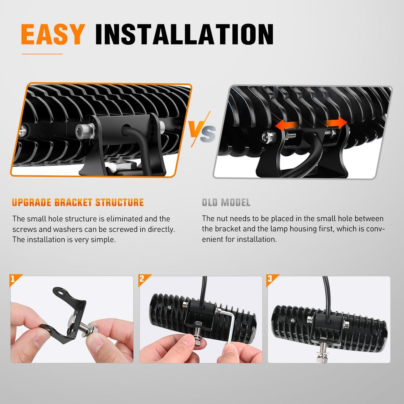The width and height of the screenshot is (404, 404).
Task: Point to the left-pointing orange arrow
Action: tap(286, 126)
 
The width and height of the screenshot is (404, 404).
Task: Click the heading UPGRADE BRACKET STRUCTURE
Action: tap(78, 202)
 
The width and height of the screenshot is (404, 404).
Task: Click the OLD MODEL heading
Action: tap(226, 202)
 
